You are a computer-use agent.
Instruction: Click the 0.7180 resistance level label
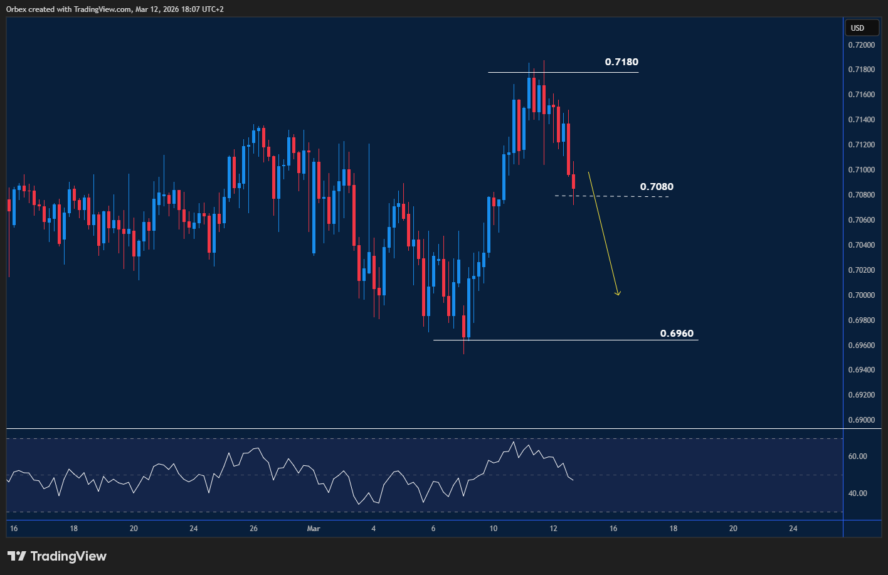pos(621,62)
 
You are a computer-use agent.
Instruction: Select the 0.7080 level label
pos(657,187)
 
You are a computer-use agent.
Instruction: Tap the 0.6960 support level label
pos(677,334)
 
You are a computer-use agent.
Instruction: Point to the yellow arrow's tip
pos(618,295)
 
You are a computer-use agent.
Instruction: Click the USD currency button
pos(857,28)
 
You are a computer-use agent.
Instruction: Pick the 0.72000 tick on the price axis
pos(862,45)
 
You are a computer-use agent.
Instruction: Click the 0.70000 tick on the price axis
pos(862,295)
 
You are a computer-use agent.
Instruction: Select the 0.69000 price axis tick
pos(862,420)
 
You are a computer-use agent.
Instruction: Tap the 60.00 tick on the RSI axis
pos(857,456)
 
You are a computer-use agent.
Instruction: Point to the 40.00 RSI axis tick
pos(857,493)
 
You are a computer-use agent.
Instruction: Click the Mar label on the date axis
pos(314,529)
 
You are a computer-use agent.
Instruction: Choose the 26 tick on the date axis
pos(253,529)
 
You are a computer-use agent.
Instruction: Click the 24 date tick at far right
pos(793,529)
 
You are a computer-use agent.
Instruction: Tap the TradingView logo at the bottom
pos(57,556)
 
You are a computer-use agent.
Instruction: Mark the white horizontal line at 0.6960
pos(564,340)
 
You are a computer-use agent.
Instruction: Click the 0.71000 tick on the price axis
pos(862,170)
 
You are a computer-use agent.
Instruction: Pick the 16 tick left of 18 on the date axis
pos(14,529)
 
